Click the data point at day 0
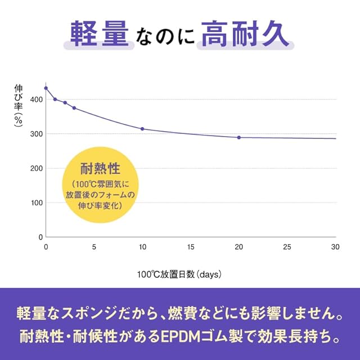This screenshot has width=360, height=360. coord(46,88)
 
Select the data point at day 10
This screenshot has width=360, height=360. coord(142,129)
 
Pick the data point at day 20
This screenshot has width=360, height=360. coord(239,137)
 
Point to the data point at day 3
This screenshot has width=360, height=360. coord(74,108)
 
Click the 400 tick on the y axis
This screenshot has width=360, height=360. coord(35,100)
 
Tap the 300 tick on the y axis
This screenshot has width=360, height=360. coord(35,134)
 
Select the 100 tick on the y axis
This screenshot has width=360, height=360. coord(35,202)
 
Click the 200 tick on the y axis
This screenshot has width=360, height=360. coord(35,168)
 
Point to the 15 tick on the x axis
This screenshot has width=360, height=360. coord(191,246)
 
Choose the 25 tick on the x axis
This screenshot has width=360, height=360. coord(287,246)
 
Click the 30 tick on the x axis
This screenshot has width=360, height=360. coord(335,246)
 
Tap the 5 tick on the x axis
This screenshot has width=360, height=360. coord(94,246)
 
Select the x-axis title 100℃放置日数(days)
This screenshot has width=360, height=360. coord(179,274)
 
